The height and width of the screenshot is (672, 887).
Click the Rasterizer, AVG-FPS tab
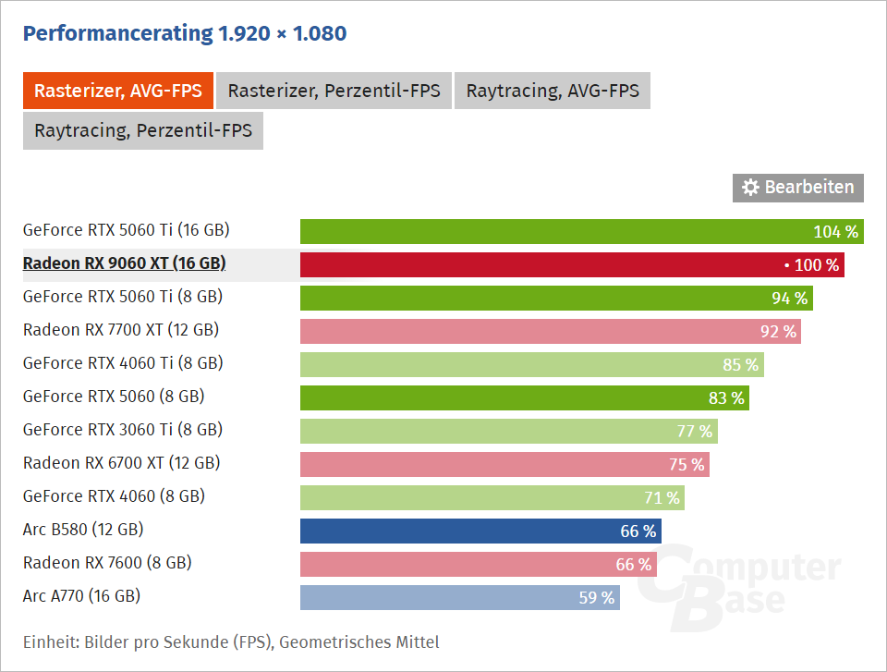pyautogui.click(x=118, y=91)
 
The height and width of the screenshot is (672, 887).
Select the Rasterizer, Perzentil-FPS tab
pyautogui.click(x=334, y=91)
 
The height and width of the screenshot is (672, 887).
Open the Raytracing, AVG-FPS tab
pyautogui.click(x=553, y=91)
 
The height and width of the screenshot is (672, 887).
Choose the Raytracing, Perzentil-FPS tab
pyautogui.click(x=143, y=130)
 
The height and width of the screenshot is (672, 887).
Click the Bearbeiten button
pyautogui.click(x=798, y=188)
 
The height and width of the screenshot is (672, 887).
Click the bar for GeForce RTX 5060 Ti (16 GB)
pyautogui.click(x=554, y=231)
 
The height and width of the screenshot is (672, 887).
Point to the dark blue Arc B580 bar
pyautogui.click(x=462, y=531)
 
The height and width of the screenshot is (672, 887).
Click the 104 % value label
pyautogui.click(x=836, y=231)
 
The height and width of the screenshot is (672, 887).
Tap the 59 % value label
pyautogui.click(x=597, y=597)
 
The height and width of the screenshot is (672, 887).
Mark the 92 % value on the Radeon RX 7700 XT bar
pyautogui.click(x=777, y=331)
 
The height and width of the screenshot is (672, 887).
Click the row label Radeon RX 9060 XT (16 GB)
pyautogui.click(x=124, y=263)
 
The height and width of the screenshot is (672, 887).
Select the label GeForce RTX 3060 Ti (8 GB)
pyautogui.click(x=122, y=430)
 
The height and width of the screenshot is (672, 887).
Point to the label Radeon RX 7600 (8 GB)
pyautogui.click(x=107, y=563)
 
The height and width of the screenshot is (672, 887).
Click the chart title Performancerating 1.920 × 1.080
pyautogui.click(x=185, y=34)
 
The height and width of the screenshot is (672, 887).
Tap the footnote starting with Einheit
pyautogui.click(x=231, y=641)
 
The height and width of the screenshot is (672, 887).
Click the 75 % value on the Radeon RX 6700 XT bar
pyautogui.click(x=687, y=464)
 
